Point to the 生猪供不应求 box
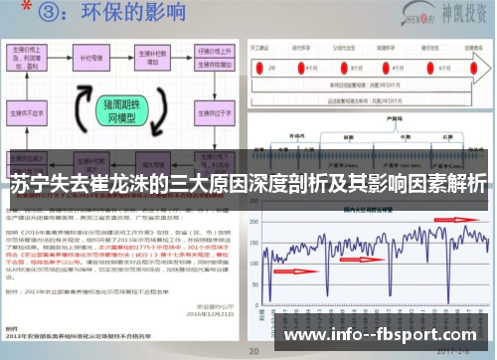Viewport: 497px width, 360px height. [x=30, y=113]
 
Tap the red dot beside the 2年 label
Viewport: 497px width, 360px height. [x=260, y=65]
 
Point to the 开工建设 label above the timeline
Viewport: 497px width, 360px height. [x=261, y=46]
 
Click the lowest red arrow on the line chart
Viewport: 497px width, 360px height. [x=295, y=270]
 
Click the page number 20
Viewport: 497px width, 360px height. [x=253, y=350]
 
